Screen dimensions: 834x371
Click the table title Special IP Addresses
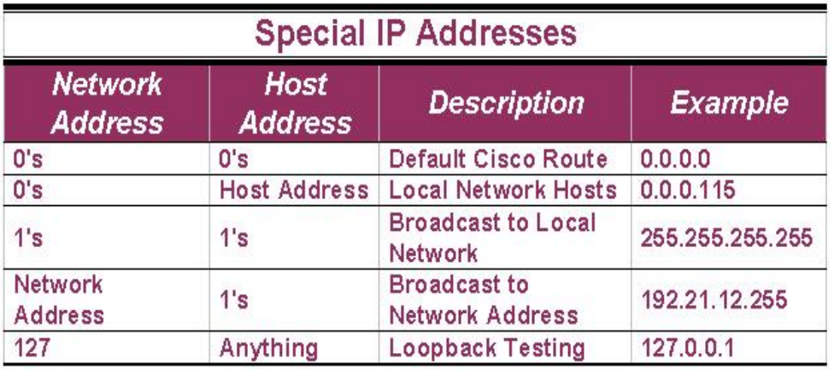click(x=415, y=33)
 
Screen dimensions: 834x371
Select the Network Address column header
click(x=108, y=103)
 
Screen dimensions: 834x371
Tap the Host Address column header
click(x=295, y=103)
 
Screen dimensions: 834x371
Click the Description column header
click(x=506, y=103)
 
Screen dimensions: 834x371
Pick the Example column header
click(x=729, y=103)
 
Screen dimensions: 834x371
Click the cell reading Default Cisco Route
click(x=498, y=159)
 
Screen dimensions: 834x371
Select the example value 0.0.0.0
click(x=675, y=159)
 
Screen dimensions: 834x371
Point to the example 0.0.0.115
click(x=687, y=190)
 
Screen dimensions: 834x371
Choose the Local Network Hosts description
click(x=502, y=190)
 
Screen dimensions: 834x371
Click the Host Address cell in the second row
click(x=294, y=190)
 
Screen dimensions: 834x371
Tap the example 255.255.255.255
click(x=726, y=238)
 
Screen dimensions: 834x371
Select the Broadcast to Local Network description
click(x=492, y=238)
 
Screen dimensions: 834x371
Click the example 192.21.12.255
click(x=714, y=300)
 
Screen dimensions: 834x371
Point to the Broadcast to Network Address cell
click(x=484, y=300)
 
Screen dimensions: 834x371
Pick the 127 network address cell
click(x=32, y=348)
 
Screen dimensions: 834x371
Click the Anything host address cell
click(x=268, y=349)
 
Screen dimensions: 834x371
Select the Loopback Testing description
click(x=487, y=349)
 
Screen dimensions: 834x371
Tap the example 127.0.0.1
click(x=687, y=348)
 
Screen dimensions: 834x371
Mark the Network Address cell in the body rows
click(x=58, y=300)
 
